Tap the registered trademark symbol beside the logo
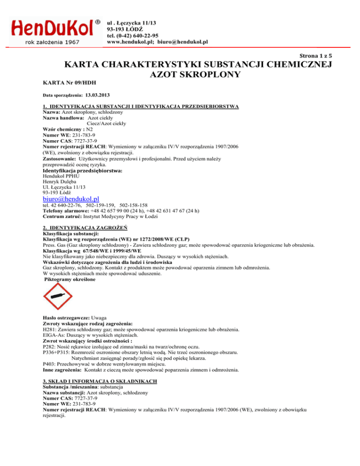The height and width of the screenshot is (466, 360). [x=97, y=22]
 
